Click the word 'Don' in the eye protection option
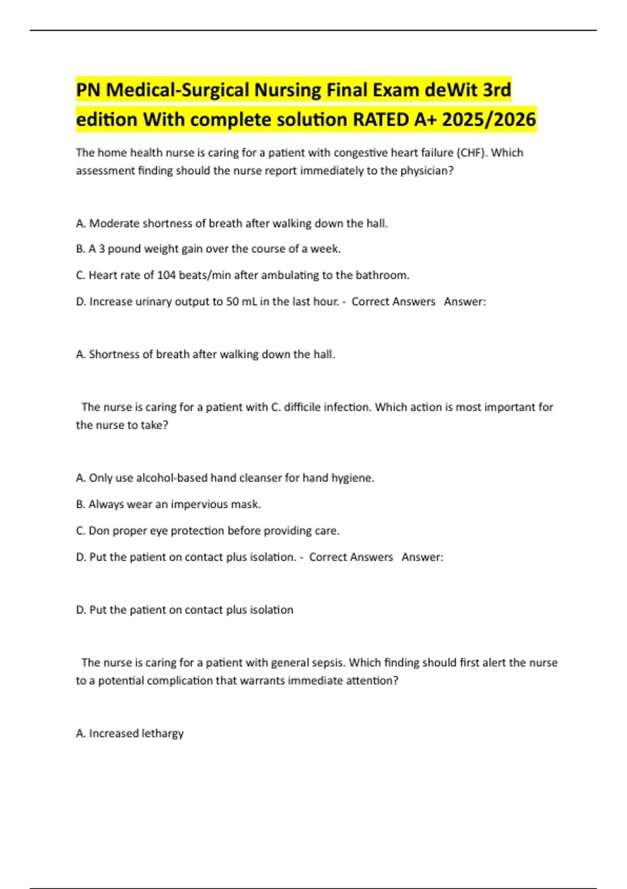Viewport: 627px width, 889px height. (99, 531)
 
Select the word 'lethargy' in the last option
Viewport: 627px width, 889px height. (162, 734)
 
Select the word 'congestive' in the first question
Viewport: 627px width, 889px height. (359, 153)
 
